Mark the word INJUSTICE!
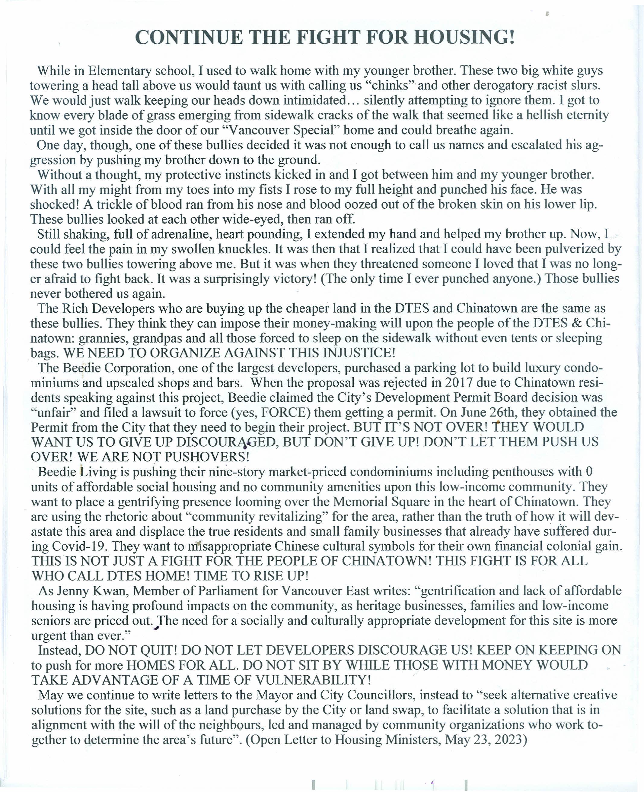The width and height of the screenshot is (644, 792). coord(359,353)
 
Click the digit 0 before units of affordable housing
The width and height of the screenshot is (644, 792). coord(589,472)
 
